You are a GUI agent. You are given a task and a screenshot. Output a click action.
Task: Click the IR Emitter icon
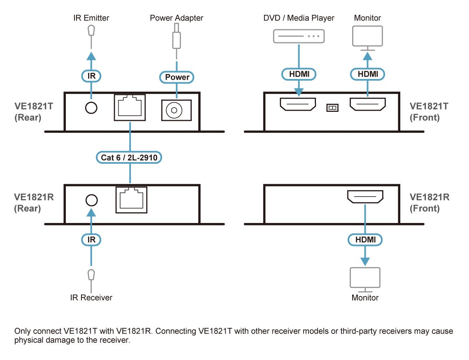point(91,31)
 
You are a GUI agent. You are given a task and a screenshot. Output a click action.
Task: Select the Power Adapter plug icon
point(176,38)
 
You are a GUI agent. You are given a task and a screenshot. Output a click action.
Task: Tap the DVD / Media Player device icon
point(299,36)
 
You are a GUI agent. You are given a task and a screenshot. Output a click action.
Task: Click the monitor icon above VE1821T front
point(367,37)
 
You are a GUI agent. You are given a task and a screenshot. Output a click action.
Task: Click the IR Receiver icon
point(91,275)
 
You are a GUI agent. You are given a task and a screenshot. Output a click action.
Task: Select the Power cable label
point(177,77)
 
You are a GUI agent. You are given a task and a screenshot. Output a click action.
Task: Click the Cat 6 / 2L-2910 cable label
point(130,157)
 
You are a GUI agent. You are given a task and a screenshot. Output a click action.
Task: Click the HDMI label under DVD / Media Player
point(299,74)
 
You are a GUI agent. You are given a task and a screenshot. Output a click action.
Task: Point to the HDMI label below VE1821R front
point(365,239)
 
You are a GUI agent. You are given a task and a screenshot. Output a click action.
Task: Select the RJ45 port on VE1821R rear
point(131,200)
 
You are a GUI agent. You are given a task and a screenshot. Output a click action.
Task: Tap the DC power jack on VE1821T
point(176,110)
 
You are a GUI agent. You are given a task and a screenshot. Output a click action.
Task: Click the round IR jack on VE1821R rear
point(91,200)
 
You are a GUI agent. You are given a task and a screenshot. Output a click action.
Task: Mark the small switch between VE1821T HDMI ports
point(332,107)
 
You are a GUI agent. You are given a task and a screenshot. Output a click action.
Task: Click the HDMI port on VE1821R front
point(365,197)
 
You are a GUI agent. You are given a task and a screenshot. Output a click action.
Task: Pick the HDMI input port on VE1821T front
point(298,105)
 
